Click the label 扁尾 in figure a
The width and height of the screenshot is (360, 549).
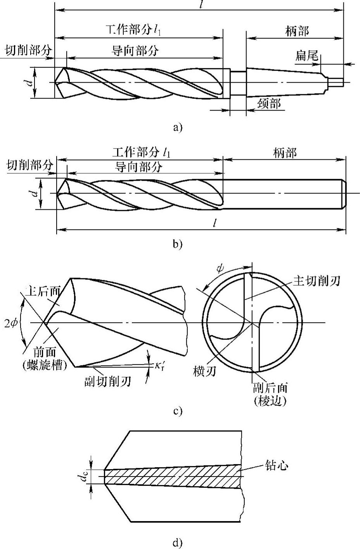306,57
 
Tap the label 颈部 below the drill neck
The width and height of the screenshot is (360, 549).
269,104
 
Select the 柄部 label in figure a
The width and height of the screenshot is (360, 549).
297,31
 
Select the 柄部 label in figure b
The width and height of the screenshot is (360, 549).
285,153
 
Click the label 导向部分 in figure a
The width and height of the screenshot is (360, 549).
135,51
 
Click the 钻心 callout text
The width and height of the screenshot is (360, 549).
276,465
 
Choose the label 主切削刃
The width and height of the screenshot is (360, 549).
316,280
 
